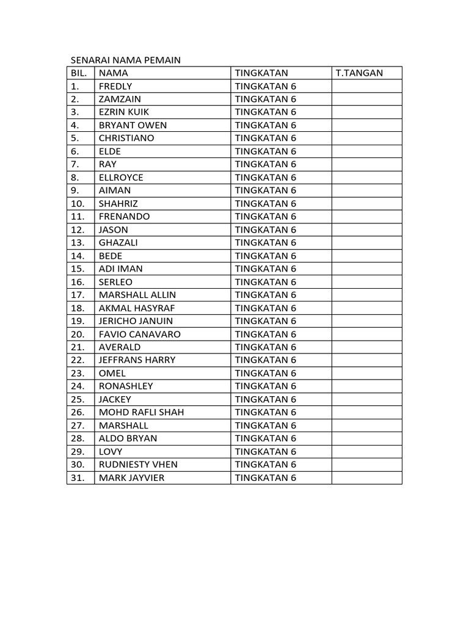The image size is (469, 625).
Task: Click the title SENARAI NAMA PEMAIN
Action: [126, 60]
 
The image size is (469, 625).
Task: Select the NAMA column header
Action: [114, 73]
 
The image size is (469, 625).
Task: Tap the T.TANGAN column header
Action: [360, 73]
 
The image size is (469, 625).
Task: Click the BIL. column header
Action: [80, 73]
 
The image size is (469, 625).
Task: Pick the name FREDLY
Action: [115, 86]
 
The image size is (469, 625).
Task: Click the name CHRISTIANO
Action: [126, 138]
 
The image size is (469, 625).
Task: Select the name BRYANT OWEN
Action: [133, 125]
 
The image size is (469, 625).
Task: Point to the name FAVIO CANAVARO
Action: [140, 334]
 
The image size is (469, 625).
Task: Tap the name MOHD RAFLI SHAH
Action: [141, 412]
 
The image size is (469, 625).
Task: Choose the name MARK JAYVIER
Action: [131, 477]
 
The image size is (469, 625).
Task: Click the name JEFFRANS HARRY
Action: [137, 360]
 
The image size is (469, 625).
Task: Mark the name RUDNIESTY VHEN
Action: [138, 464]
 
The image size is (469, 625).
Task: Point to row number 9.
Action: [75, 190]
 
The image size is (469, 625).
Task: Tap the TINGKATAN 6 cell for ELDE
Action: [265, 151]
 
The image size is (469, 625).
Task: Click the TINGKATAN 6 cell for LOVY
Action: [265, 452]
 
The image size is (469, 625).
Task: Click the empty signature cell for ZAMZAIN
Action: [366, 99]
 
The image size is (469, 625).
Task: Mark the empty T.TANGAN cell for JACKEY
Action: [366, 399]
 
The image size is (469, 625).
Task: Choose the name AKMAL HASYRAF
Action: [137, 308]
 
